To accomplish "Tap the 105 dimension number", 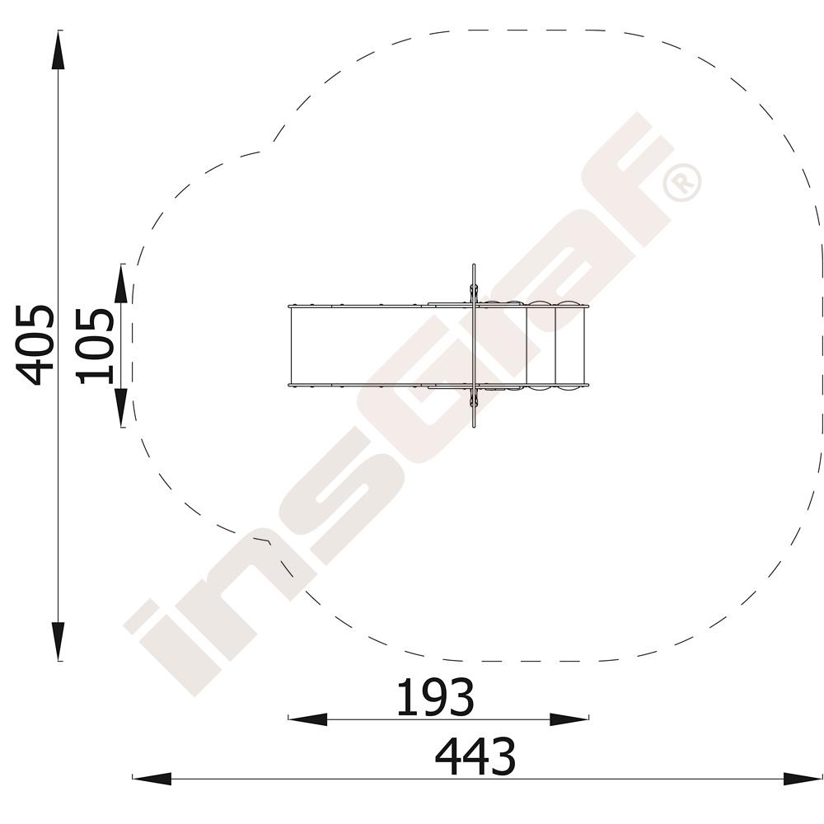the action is (x=95, y=347).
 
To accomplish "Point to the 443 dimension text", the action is (x=475, y=756).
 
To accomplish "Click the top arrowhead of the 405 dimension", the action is (x=58, y=50).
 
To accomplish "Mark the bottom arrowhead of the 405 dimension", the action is (x=58, y=641).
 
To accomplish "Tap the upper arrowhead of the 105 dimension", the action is (x=121, y=283).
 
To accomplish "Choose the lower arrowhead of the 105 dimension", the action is (x=121, y=408).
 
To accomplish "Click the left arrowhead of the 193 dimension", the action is (x=307, y=720).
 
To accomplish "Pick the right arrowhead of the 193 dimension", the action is (x=569, y=720).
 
